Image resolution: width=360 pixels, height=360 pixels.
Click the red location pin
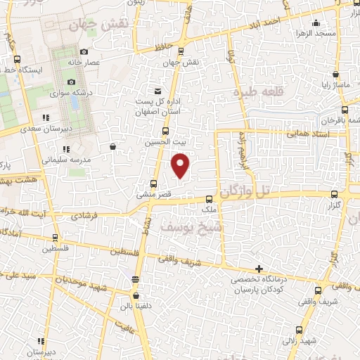[181, 165]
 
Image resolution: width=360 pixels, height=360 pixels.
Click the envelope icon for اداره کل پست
[157, 90]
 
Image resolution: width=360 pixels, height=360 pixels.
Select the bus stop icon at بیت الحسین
[165, 131]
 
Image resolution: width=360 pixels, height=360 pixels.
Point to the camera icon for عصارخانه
[84, 51]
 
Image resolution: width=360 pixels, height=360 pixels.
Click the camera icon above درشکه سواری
[71, 82]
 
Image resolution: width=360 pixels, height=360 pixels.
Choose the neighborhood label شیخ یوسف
[191, 228]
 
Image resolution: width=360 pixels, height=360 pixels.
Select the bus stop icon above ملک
[208, 198]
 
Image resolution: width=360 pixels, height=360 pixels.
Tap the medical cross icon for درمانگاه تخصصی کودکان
[259, 269]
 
